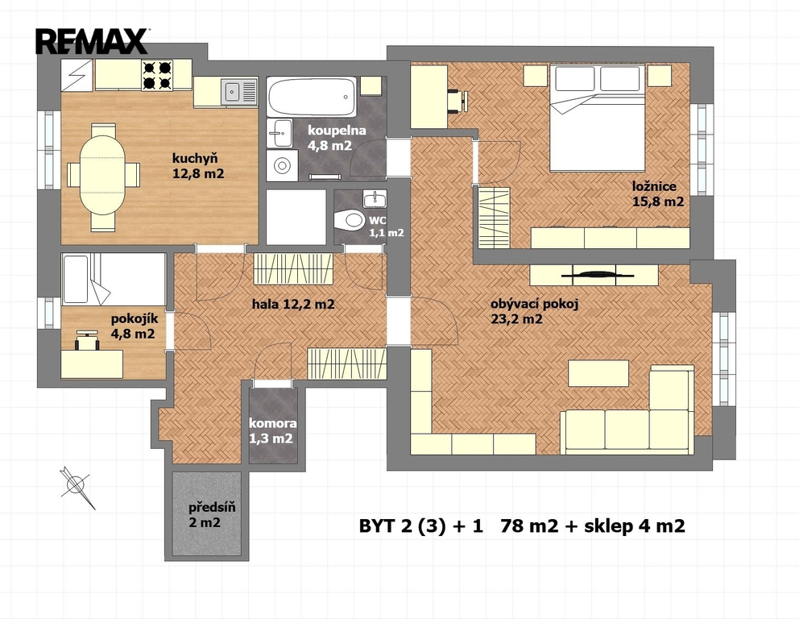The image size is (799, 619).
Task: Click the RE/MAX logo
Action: click(92, 41)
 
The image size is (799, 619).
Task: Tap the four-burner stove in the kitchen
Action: click(157, 75)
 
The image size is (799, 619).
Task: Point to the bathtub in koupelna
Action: click(311, 97)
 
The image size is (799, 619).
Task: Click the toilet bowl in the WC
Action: click(349, 221)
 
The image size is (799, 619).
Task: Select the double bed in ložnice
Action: click(597, 118)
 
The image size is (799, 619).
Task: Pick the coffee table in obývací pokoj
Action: click(598, 373)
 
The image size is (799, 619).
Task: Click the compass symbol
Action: click(77, 487)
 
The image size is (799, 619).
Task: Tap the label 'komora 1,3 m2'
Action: click(272, 431)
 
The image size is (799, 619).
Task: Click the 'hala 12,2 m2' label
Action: click(293, 305)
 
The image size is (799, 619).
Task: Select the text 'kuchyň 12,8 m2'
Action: click(197, 166)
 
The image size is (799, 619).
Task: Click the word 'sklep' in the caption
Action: click(608, 526)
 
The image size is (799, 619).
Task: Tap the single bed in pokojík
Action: click(114, 279)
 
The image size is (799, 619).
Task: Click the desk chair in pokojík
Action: click(87, 340)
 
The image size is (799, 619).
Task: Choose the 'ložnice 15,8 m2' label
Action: click(658, 194)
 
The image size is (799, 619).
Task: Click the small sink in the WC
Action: click(375, 198)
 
